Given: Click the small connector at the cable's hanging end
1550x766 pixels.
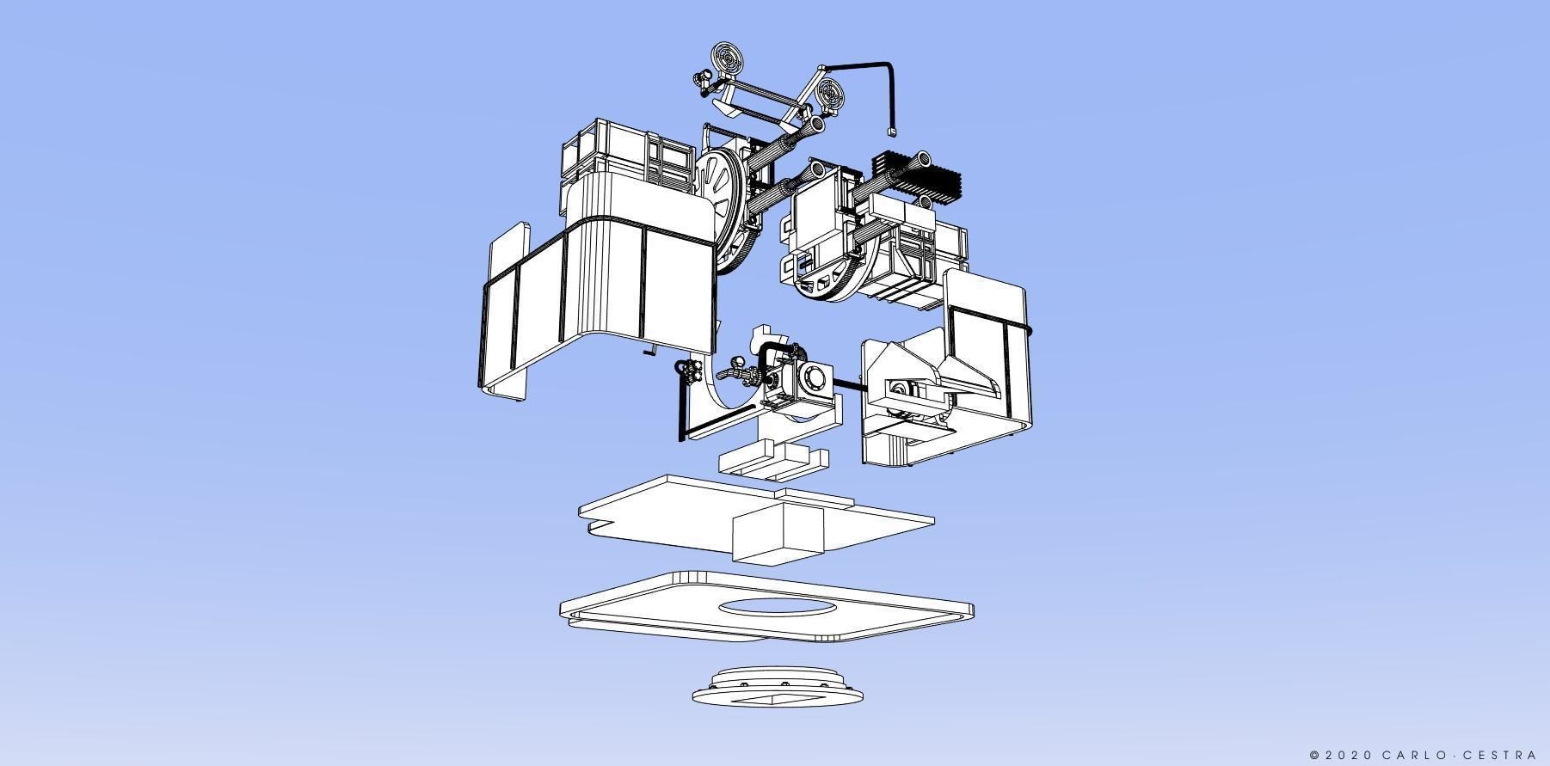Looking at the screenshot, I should click(x=891, y=132).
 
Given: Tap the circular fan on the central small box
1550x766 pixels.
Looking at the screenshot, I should click(x=813, y=376).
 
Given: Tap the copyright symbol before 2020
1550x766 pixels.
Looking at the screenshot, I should click(x=1314, y=756).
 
